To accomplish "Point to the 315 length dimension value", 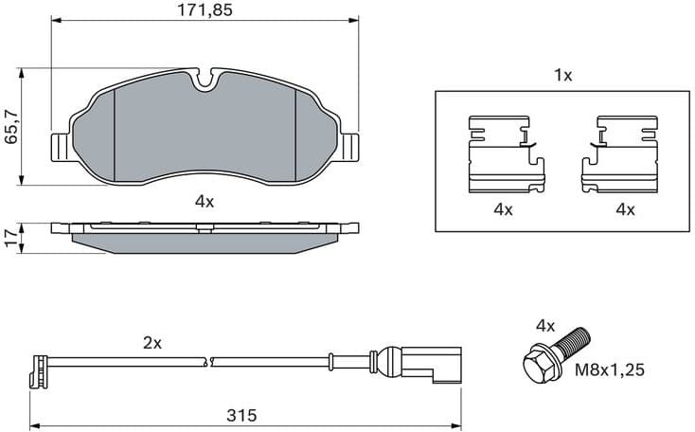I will (243, 416).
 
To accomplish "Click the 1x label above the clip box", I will (562, 76).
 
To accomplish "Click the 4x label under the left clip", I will (502, 209).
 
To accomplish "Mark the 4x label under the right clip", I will (624, 209).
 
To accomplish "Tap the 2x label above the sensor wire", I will (151, 343).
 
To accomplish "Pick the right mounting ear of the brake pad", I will (351, 147).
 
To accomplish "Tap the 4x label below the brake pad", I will (205, 201).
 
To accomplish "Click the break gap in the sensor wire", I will (210, 361).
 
